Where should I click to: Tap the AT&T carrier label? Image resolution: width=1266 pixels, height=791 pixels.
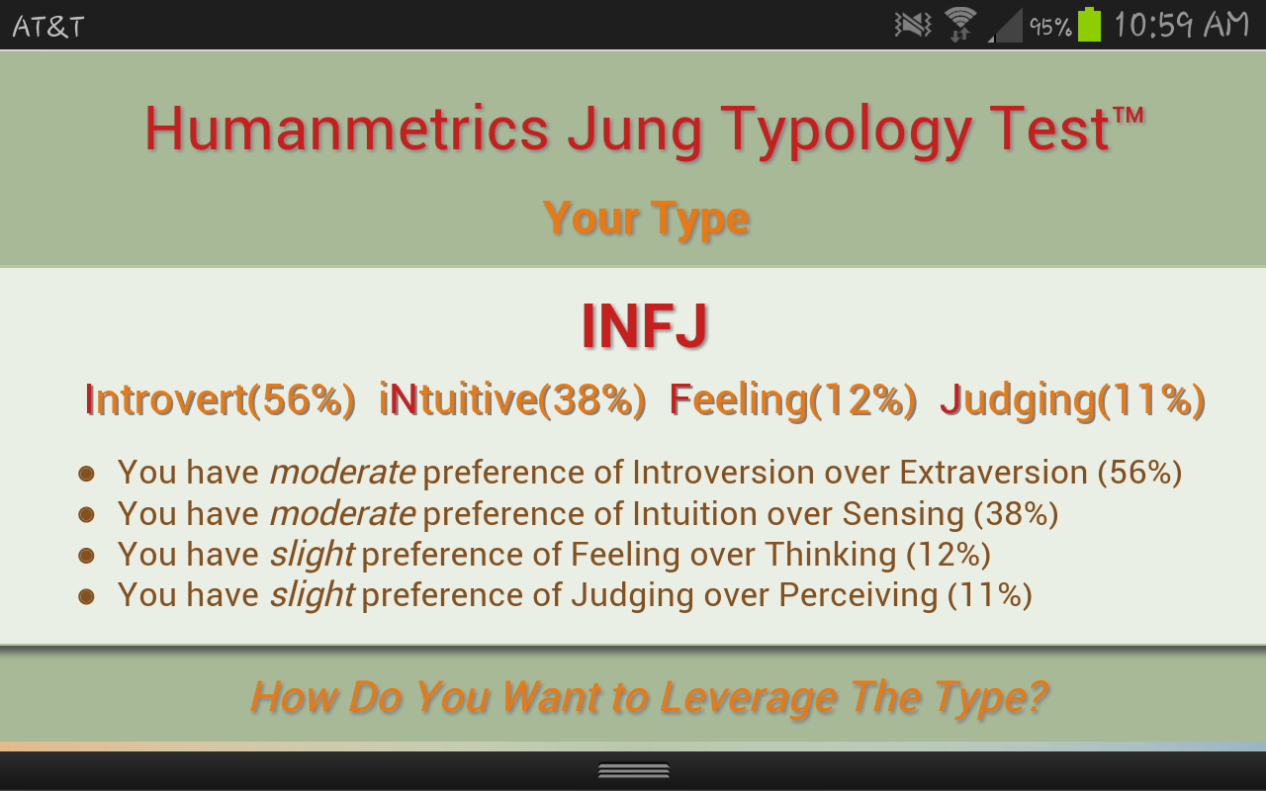(48, 27)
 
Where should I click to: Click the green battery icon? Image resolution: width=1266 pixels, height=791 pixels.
(1089, 25)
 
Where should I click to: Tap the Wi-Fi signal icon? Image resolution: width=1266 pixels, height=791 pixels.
(960, 25)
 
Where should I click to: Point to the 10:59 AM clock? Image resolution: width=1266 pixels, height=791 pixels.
(1181, 25)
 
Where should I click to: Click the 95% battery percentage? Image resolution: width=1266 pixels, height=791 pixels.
(1050, 27)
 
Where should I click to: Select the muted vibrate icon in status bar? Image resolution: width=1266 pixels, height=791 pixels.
(913, 25)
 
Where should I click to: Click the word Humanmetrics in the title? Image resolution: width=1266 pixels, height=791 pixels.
(346, 129)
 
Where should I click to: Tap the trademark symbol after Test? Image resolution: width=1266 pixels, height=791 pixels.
(1129, 115)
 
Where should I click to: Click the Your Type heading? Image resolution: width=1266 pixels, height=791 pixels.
(646, 219)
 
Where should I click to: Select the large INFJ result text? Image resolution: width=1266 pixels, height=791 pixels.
(644, 325)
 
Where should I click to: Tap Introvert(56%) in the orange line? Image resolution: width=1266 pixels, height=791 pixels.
(220, 400)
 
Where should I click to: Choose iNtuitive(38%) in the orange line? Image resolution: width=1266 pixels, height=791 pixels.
(512, 400)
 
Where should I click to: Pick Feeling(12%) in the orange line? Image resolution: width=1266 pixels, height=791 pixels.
(793, 400)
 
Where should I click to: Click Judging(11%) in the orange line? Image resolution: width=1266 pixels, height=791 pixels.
(1072, 400)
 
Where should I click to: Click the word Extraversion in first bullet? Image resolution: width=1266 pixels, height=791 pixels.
(993, 472)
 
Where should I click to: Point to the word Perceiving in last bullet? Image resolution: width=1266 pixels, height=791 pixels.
(858, 595)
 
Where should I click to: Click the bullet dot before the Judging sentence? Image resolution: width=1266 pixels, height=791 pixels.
(86, 596)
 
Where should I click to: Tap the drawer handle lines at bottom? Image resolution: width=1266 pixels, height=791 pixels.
(634, 770)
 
